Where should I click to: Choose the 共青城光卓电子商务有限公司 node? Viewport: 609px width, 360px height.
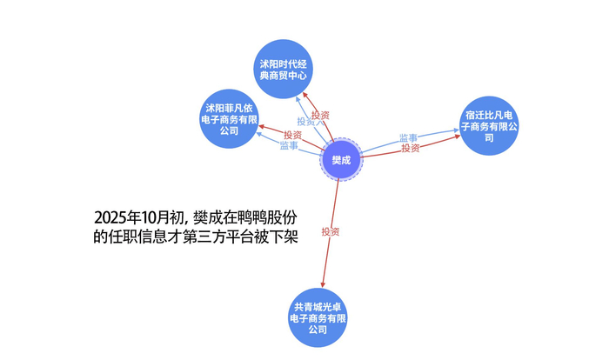pyautogui.click(x=318, y=318)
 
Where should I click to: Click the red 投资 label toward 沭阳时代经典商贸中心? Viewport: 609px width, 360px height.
pyautogui.click(x=321, y=115)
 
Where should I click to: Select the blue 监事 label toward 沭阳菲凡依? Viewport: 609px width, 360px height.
pyautogui.click(x=289, y=146)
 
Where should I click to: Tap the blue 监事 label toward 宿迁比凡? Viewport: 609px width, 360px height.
pyautogui.click(x=409, y=138)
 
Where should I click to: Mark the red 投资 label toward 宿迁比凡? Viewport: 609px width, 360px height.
pyautogui.click(x=411, y=149)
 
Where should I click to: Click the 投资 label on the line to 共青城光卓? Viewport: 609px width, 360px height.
pyautogui.click(x=330, y=231)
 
